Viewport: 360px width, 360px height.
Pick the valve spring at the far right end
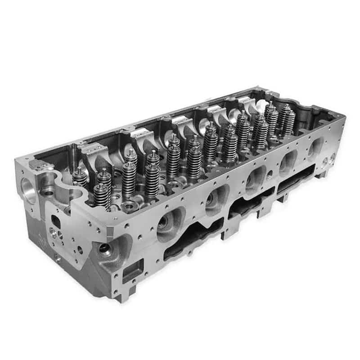click(x=288, y=121)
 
